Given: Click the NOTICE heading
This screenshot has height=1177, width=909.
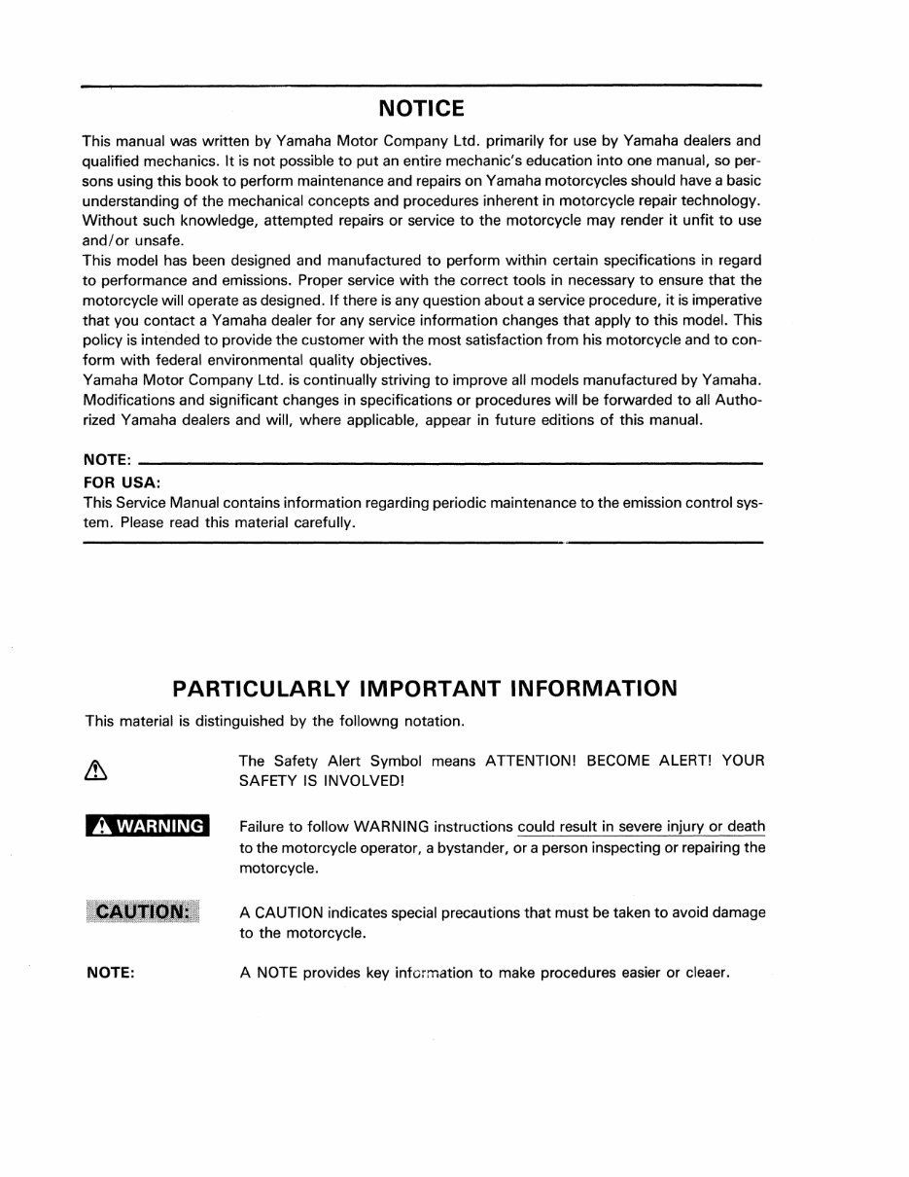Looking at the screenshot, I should (x=421, y=107).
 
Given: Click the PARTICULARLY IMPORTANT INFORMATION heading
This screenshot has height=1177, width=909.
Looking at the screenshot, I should (x=424, y=689).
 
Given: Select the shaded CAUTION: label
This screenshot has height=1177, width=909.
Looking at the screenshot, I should (x=142, y=911).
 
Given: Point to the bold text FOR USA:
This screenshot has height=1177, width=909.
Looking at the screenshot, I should (x=122, y=482).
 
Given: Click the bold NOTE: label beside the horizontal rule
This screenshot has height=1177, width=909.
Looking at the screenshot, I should (x=107, y=462).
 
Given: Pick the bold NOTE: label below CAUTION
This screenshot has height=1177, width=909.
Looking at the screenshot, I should (x=110, y=972).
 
